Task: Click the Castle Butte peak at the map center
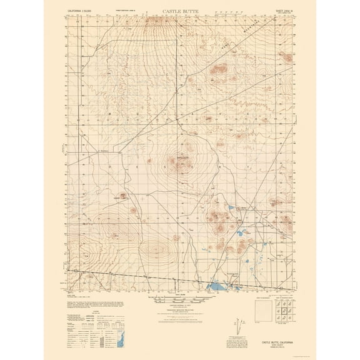point(174,164)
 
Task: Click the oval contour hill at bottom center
point(154,251)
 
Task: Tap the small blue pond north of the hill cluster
point(230,208)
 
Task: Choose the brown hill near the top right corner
point(287,57)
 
